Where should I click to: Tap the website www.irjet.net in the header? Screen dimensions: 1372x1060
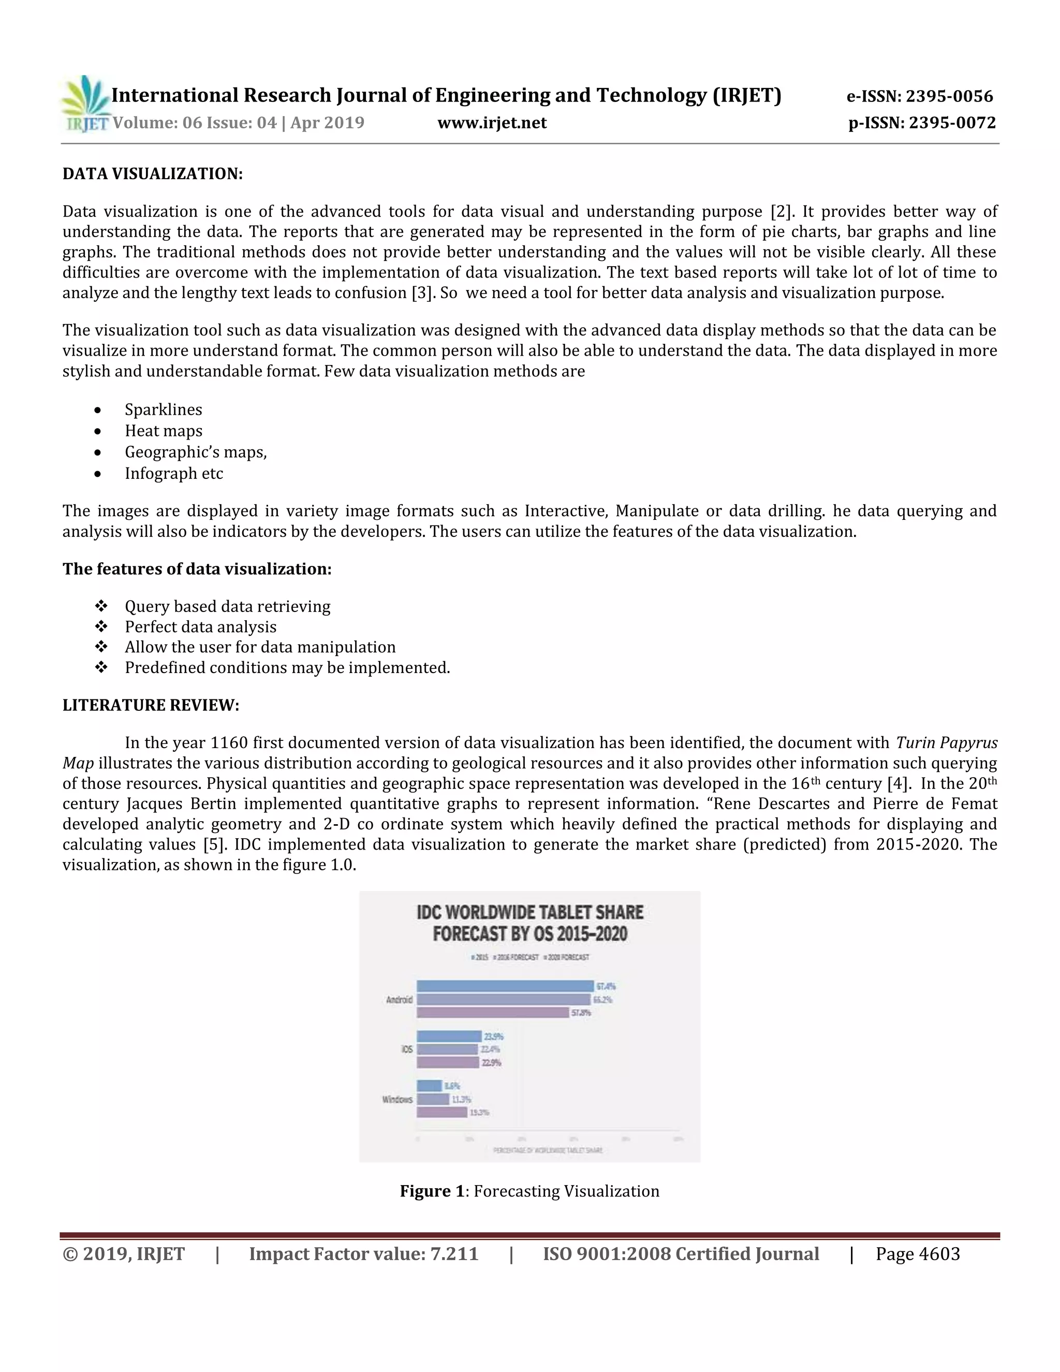tap(492, 123)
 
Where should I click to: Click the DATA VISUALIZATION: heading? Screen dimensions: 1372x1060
tap(152, 174)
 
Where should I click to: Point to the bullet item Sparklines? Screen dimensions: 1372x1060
tap(163, 410)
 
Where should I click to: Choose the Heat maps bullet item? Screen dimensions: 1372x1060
tap(163, 431)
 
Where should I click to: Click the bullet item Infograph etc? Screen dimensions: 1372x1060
tap(173, 474)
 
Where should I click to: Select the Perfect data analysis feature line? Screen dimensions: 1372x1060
tap(200, 627)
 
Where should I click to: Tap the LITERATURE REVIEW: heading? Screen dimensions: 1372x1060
tap(151, 706)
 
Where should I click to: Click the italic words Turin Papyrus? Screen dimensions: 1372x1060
tap(946, 743)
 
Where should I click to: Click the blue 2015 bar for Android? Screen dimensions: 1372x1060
tap(504, 986)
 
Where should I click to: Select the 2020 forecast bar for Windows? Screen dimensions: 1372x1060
tap(441, 1112)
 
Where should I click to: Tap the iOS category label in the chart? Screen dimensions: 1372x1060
tap(407, 1049)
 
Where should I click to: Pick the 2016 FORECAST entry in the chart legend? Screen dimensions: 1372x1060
tap(518, 957)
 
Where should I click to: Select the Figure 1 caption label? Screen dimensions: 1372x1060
tap(435, 1192)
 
